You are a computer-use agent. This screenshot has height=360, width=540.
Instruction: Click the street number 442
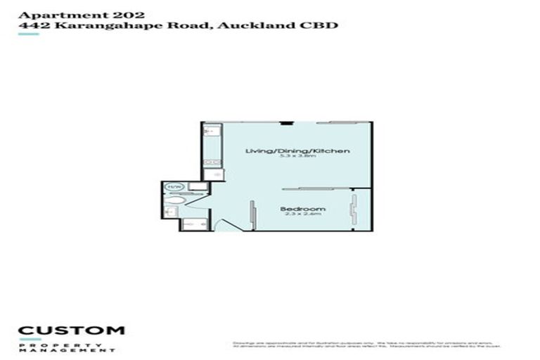32,25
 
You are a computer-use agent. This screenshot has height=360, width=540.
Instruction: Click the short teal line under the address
28,34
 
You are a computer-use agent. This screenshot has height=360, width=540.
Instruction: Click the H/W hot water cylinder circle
174,187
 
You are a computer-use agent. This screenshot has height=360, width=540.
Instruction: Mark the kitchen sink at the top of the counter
210,131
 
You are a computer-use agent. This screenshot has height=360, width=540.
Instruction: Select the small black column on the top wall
285,123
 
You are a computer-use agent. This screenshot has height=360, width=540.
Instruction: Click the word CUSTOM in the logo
71,330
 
